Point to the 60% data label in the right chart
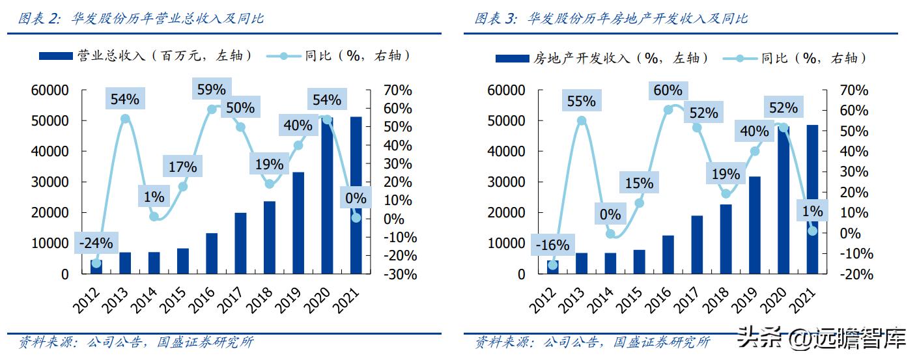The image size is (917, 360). point(668,90)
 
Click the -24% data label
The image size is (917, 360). point(96,243)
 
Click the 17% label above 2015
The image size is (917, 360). point(182,167)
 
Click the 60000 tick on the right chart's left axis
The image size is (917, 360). point(506,90)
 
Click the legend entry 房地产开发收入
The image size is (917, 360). point(602,58)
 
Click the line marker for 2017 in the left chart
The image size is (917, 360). point(240,127)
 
